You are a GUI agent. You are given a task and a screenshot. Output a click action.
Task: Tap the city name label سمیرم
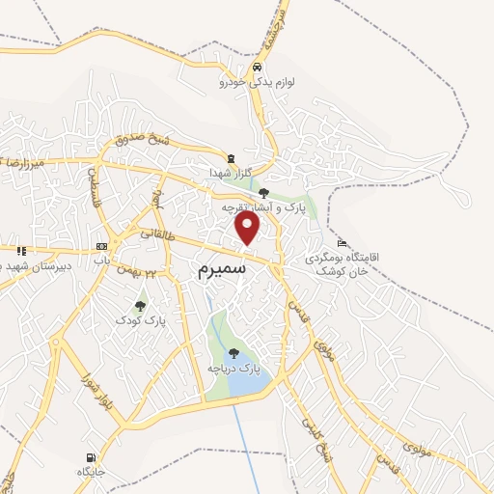(x=224, y=267)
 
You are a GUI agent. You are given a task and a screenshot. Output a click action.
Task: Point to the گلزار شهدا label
(x=231, y=173)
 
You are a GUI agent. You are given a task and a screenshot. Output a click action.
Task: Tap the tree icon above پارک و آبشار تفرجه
(x=263, y=193)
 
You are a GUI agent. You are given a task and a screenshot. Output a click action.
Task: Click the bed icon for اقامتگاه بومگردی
(x=343, y=242)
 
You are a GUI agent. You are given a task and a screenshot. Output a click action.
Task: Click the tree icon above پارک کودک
(x=141, y=306)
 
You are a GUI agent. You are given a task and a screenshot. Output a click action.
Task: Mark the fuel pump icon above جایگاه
(x=91, y=456)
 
